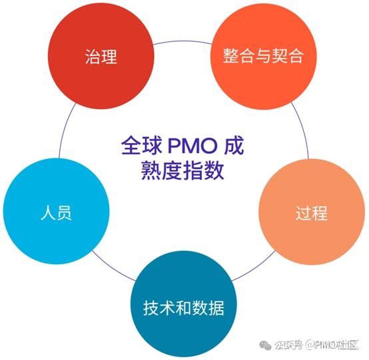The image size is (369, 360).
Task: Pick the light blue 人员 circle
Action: (56, 213)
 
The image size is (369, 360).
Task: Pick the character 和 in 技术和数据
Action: (183, 308)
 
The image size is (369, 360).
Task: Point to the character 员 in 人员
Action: (65, 214)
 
